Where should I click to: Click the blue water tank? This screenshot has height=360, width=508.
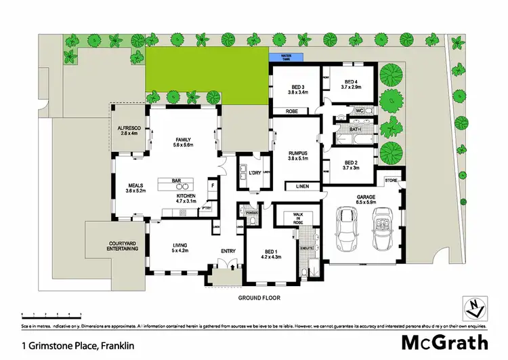pos(284,58)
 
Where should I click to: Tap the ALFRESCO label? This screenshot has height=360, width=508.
pos(129,129)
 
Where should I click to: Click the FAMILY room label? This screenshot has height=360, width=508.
pos(183,142)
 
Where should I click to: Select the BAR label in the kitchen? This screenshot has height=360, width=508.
pos(176,180)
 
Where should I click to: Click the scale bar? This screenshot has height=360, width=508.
pos(51,315)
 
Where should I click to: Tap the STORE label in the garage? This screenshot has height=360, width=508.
pos(391,180)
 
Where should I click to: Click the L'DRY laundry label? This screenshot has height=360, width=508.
pos(255,174)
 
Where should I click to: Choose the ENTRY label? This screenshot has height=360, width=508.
pos(228,252)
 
